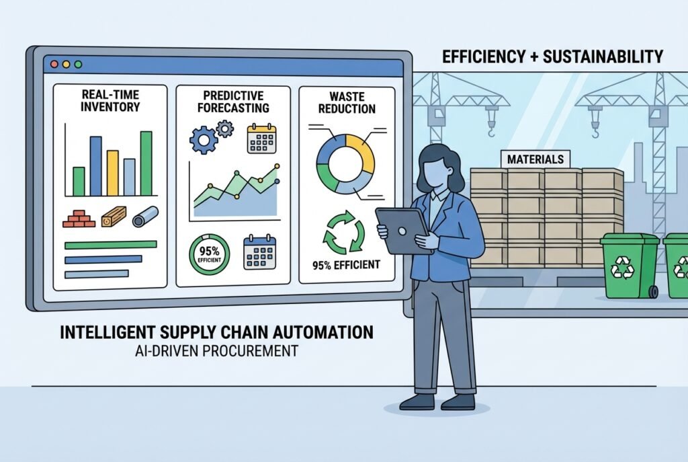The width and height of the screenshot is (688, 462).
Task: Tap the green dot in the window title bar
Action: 78,64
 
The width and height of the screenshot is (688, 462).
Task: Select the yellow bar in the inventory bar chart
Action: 112,173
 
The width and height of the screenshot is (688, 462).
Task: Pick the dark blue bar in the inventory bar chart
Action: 95,166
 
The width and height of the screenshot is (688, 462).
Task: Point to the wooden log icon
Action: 114,217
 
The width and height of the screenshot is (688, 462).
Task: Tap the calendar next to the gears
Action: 261,137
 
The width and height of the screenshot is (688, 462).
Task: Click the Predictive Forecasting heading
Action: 233,101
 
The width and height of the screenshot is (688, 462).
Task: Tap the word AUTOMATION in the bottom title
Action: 325,332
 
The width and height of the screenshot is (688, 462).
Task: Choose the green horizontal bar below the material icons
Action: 110,245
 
